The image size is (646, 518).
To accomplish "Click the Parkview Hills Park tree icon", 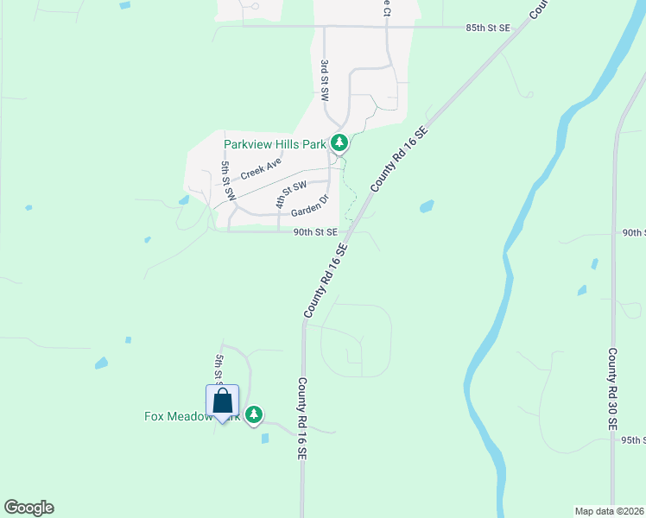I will [x=340, y=143].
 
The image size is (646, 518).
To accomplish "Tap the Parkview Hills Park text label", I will [x=275, y=144].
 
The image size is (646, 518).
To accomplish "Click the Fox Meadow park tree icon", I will [x=253, y=415].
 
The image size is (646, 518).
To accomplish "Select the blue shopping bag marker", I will [x=222, y=401].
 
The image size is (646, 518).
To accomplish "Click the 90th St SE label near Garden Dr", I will [x=314, y=232].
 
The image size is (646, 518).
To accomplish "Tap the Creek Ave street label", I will [x=261, y=168].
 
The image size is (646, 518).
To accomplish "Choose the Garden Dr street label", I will [x=310, y=206].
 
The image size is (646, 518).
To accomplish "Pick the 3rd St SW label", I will [x=325, y=81].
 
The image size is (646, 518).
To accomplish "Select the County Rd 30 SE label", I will [x=612, y=389].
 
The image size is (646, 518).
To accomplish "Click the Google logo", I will [x=28, y=508].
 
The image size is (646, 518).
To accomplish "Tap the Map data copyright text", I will [x=609, y=510].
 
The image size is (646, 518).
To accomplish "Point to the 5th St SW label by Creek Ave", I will [x=228, y=181].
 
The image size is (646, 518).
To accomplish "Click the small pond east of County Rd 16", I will [x=426, y=206].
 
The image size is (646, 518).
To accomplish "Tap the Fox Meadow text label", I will [x=176, y=416].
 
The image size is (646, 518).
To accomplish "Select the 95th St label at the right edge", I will [x=633, y=440].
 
